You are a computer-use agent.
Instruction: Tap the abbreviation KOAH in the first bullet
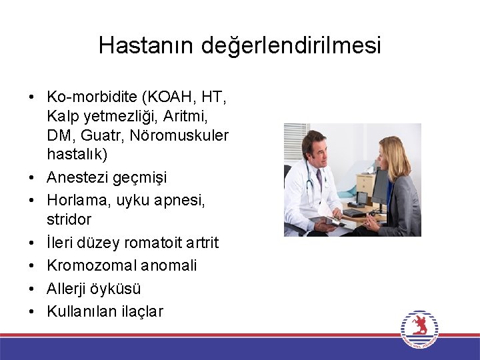pos(167,97)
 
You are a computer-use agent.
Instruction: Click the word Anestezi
pos(75,178)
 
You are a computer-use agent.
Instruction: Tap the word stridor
pos(69,219)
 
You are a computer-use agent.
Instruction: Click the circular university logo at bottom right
pos(419,328)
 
